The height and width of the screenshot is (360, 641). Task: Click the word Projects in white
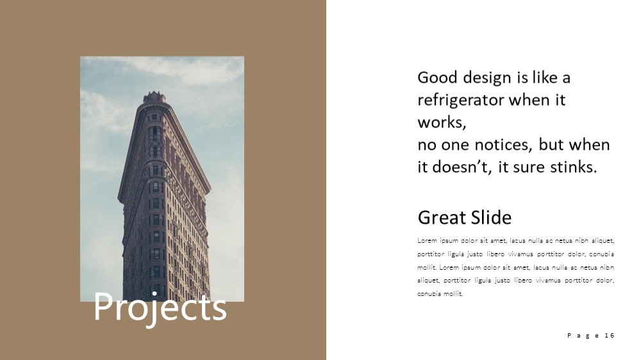point(160,307)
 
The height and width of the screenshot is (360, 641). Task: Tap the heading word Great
point(442,217)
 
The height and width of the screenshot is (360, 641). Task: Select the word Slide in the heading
point(491,217)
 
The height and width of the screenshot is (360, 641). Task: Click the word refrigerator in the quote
point(461,101)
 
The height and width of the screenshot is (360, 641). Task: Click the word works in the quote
point(442,122)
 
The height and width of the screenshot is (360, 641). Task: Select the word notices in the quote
point(501,145)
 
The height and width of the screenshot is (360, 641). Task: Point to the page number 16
point(609,336)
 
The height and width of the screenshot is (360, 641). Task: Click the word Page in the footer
point(583,336)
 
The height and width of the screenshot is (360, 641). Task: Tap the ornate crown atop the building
point(154,97)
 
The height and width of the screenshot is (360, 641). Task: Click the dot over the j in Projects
point(154,294)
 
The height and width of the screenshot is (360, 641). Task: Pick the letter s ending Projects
point(219,310)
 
